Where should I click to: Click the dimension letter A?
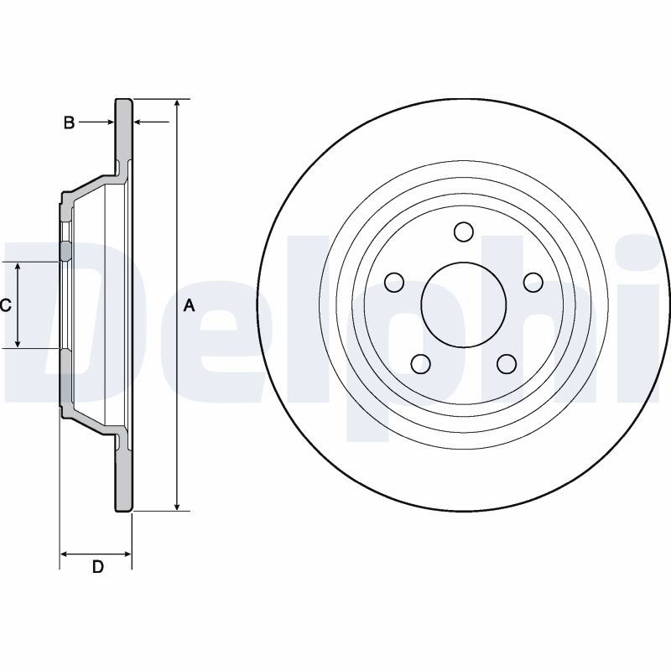tap(190, 305)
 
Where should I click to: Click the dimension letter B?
tap(69, 122)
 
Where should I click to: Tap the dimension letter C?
tap(5, 305)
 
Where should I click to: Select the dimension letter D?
tap(98, 567)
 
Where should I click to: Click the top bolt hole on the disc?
tap(464, 231)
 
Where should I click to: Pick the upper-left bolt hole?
tap(394, 283)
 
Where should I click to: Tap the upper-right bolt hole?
tap(533, 283)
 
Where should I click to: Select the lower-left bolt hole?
tap(421, 364)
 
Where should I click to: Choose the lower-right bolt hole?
tap(507, 364)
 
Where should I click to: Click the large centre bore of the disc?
tap(464, 304)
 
